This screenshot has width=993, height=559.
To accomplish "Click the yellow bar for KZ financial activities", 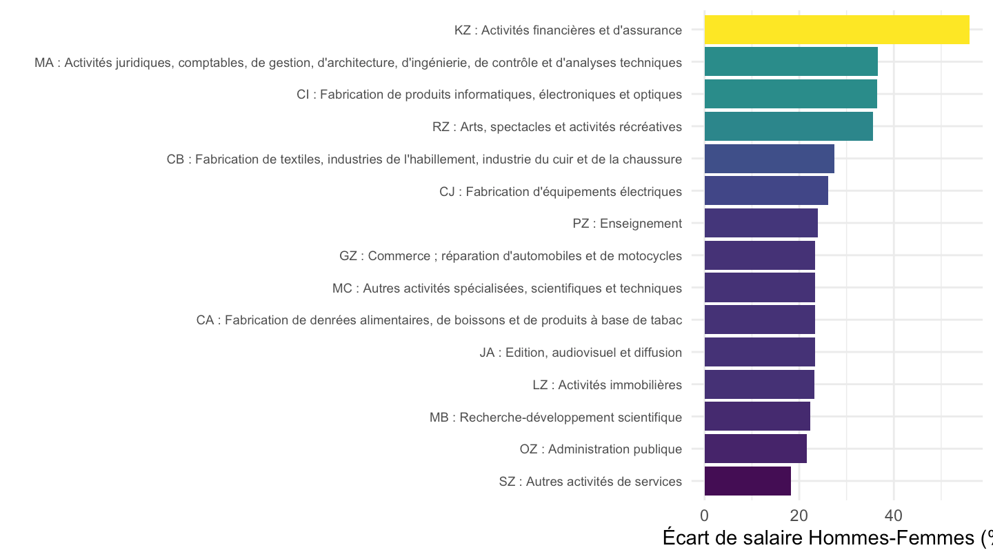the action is (x=836, y=30).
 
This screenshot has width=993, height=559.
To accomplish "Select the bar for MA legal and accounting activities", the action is (x=791, y=61).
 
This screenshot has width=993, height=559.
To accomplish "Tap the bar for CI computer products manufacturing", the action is (x=790, y=94).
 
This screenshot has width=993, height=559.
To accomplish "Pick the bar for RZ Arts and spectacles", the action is (x=789, y=126).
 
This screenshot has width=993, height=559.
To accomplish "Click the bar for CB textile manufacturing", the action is (x=769, y=159).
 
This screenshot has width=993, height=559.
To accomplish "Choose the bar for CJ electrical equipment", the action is (x=766, y=190).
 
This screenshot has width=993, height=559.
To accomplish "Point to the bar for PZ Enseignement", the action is (x=761, y=223).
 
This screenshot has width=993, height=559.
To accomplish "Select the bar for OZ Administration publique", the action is (x=755, y=449).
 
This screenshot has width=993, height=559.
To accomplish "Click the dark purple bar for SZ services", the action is (x=748, y=481).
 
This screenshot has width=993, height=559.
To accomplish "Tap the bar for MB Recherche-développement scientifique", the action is (x=757, y=416).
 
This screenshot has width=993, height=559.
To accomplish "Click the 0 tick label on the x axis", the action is (x=705, y=516).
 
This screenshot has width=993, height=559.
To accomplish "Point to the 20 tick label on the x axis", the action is (x=799, y=516).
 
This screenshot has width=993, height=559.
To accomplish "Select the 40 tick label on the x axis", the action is (x=893, y=516).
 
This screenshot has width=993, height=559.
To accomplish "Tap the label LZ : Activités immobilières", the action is (x=608, y=384).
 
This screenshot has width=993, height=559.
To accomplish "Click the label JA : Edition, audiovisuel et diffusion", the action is (x=581, y=352).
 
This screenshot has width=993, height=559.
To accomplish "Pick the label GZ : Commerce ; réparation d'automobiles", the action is (x=511, y=256).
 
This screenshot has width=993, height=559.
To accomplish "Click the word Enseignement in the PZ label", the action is (x=641, y=224).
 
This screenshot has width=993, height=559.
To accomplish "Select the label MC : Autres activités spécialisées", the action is (x=507, y=288).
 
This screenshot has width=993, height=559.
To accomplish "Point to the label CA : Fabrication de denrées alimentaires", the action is (x=439, y=320).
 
